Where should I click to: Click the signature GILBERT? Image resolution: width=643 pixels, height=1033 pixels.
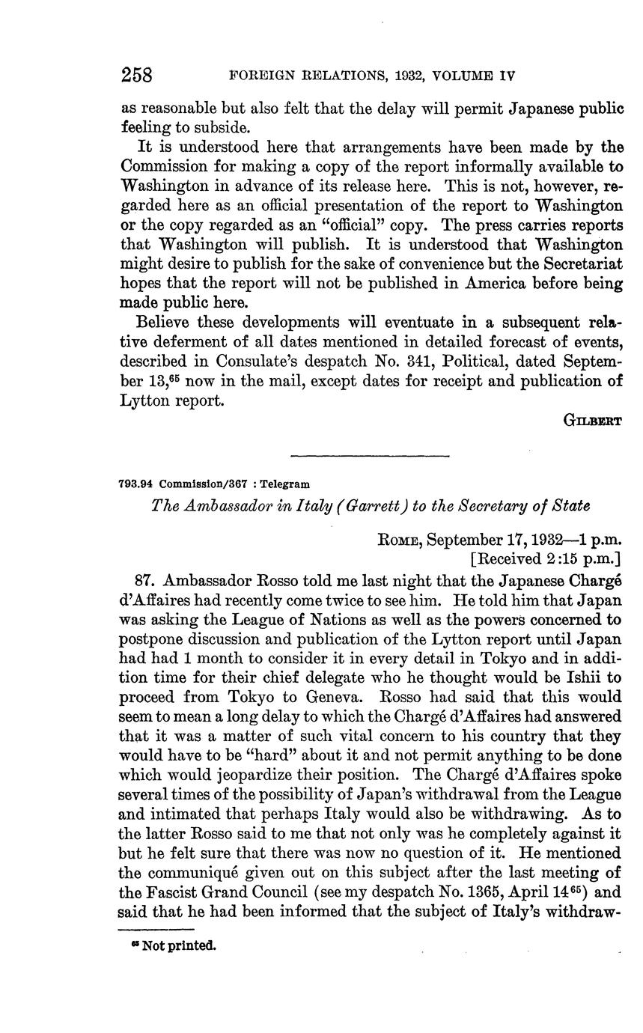(592, 421)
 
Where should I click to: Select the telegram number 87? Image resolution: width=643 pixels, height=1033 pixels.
(145, 580)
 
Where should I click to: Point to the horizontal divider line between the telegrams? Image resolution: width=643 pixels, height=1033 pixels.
(369, 456)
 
